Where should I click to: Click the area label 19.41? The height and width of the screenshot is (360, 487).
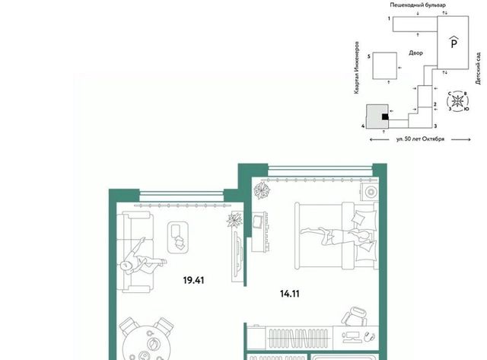click(193, 281)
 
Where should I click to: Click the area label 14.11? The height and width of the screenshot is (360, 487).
click(290, 294)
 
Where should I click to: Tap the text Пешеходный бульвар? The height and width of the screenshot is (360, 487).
click(418, 5)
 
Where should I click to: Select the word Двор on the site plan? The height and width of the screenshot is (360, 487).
click(415, 53)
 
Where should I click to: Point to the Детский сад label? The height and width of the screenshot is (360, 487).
click(479, 68)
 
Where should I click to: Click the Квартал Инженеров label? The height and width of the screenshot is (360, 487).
click(357, 68)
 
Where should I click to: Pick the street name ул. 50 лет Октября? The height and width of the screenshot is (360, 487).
click(420, 139)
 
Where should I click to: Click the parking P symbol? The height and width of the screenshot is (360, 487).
click(454, 43)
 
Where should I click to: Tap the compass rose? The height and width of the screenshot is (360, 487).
click(457, 101)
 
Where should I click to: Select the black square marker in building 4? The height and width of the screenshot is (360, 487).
click(385, 116)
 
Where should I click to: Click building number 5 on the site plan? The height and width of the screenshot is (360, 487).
click(368, 56)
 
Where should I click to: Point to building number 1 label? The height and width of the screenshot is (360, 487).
click(389, 18)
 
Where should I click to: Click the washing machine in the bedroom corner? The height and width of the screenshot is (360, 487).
click(370, 192)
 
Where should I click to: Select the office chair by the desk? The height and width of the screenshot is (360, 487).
click(355, 316)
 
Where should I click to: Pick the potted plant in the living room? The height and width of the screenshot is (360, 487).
click(234, 220)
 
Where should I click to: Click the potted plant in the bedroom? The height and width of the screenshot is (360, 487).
click(262, 190)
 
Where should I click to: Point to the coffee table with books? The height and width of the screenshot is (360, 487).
click(178, 237)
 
